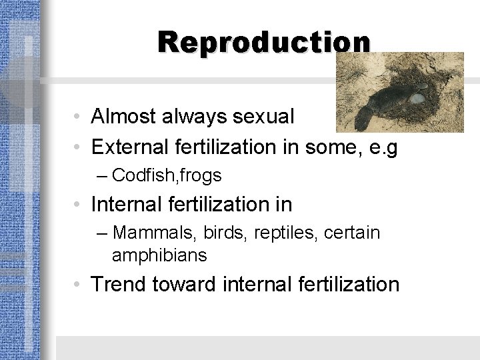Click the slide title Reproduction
tap(264, 41)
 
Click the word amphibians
tap(160, 255)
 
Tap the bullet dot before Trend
tap(79, 285)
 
